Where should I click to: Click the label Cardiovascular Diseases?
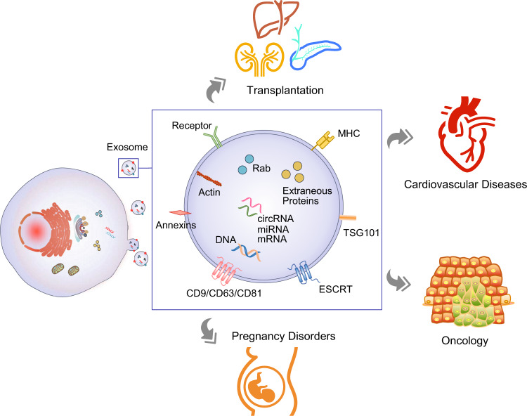[465, 185]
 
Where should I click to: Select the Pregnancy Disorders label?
[282, 336]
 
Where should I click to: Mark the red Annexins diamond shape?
[181, 212]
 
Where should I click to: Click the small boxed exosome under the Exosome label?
[128, 167]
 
